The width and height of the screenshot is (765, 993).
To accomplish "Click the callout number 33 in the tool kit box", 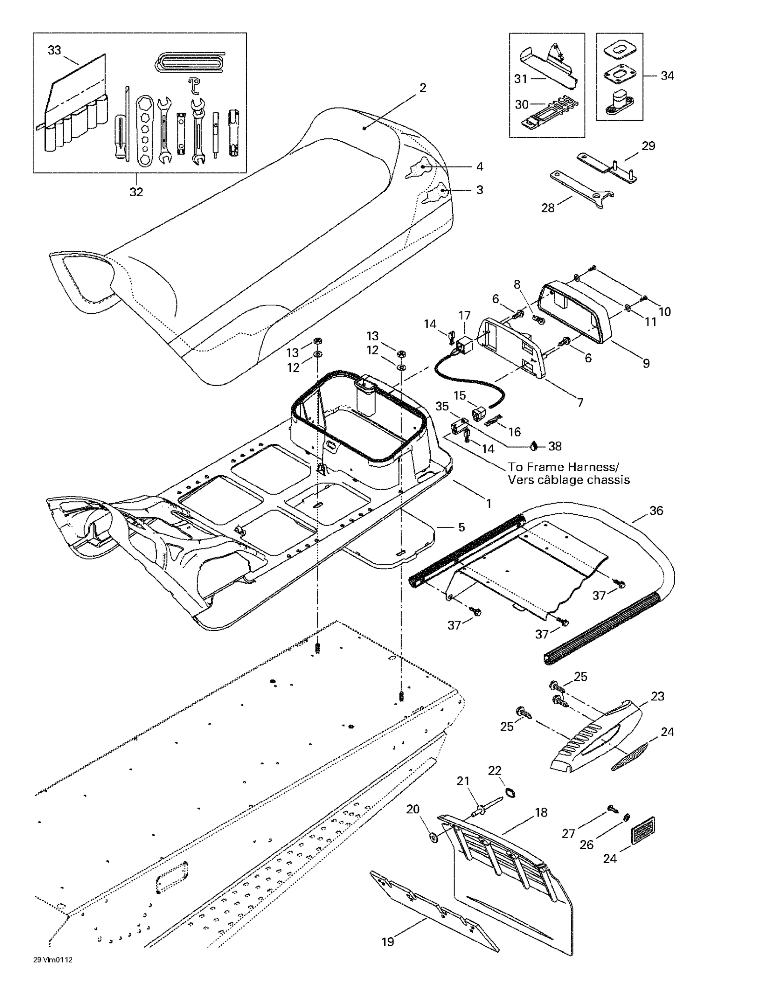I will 54,50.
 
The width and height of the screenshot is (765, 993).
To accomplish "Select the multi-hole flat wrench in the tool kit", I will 145,129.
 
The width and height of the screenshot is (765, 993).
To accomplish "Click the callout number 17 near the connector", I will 464,315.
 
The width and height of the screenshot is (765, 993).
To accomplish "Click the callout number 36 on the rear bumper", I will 656,511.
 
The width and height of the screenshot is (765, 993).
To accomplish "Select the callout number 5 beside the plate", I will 461,527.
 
